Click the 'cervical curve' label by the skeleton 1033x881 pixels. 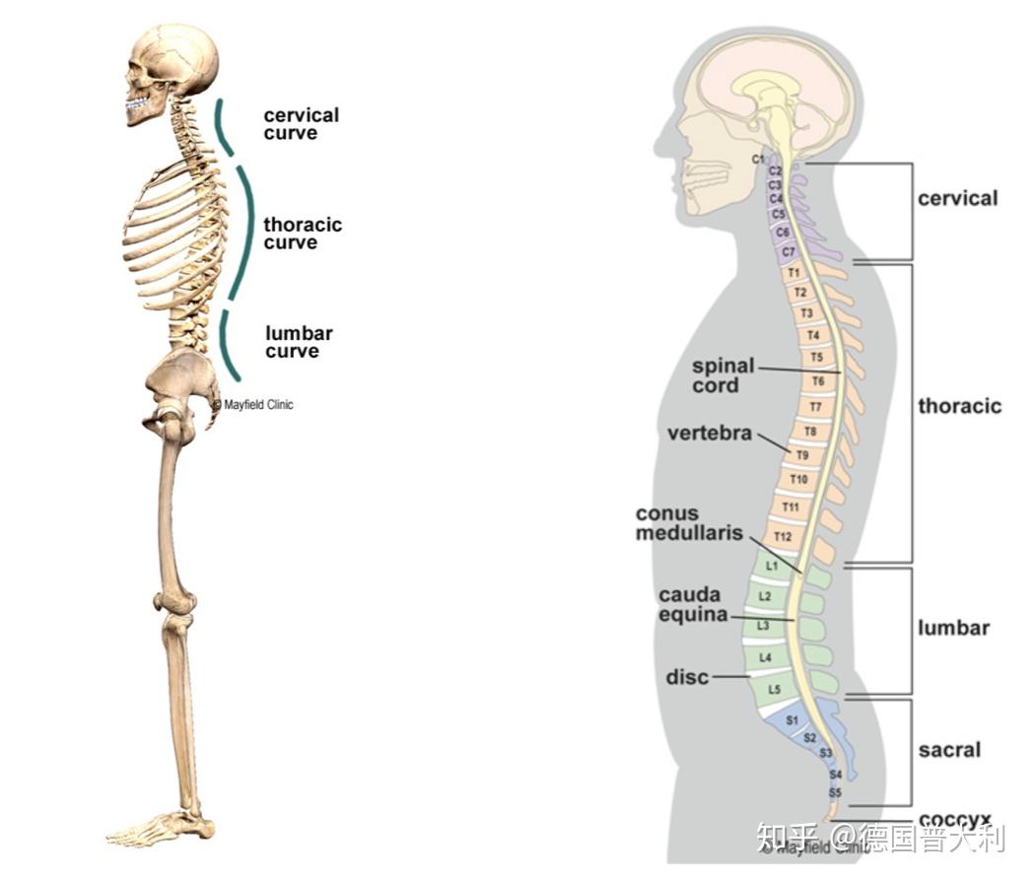click(x=301, y=124)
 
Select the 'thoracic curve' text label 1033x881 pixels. click(x=302, y=234)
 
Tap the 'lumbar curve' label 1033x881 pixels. click(x=298, y=342)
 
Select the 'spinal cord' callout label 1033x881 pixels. click(x=723, y=375)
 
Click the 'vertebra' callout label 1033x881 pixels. click(x=709, y=434)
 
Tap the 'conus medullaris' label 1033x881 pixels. click(x=680, y=523)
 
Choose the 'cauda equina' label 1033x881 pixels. click(x=692, y=604)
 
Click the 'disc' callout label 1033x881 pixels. click(x=687, y=677)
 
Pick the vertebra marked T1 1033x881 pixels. click(x=794, y=273)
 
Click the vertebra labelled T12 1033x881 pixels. click(x=783, y=537)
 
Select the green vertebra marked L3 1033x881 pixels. click(x=763, y=626)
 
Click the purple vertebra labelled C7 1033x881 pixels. click(x=789, y=252)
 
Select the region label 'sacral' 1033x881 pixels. click(x=949, y=750)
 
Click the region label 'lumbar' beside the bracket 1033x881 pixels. click(x=953, y=628)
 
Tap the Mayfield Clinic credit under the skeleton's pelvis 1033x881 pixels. click(x=253, y=404)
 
